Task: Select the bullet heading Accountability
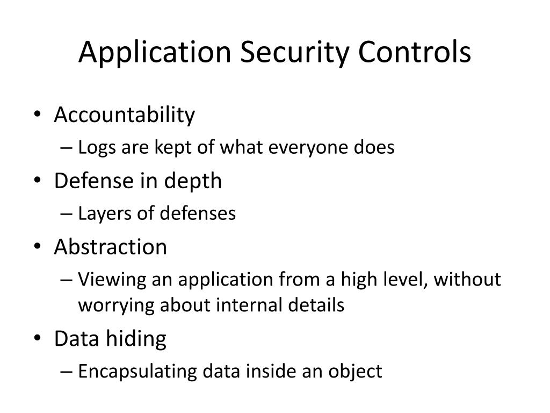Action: pyautogui.click(x=125, y=115)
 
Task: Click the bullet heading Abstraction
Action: pyautogui.click(x=111, y=247)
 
